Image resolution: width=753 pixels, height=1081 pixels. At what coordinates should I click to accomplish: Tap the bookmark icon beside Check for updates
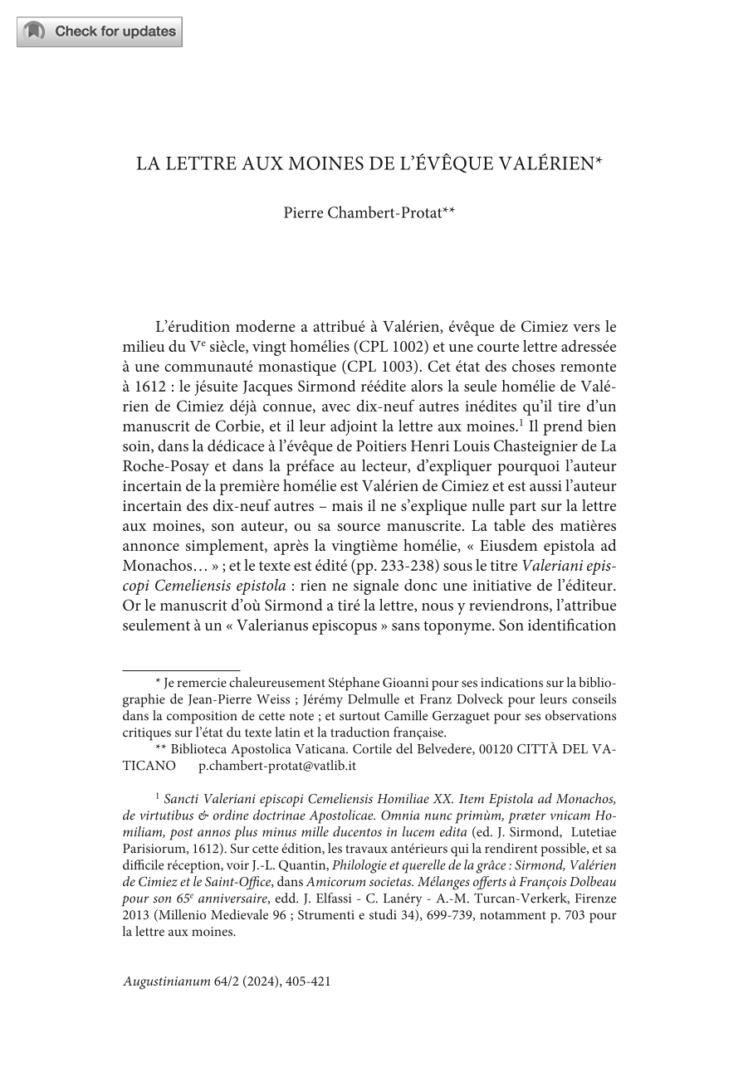pos(35,32)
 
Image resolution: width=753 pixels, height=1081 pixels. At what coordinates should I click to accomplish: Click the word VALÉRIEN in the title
pos(545,163)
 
